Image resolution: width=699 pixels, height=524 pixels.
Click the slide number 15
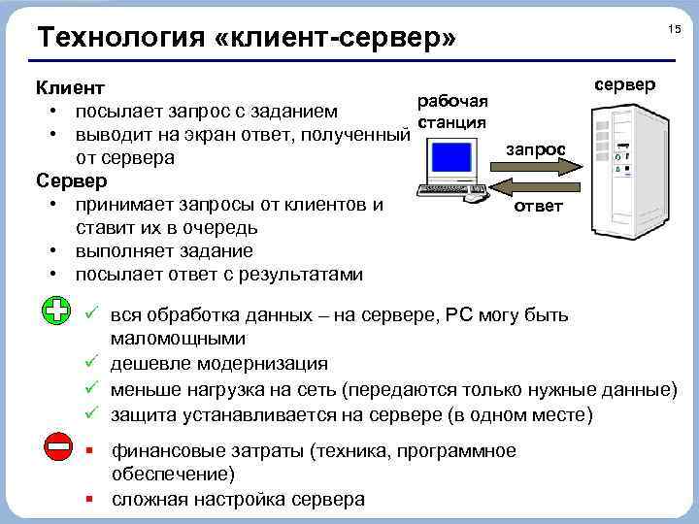[674, 31]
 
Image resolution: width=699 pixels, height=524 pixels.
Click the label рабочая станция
[451, 112]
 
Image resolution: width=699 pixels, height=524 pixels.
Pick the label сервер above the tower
[624, 84]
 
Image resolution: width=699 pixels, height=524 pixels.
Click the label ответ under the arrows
[537, 207]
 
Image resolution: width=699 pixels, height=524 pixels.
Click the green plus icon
[57, 311]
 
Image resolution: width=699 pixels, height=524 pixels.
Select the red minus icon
[57, 447]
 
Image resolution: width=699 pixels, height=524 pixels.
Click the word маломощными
[178, 340]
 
